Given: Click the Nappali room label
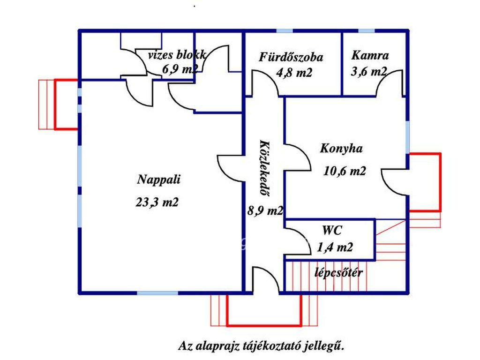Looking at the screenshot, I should tap(159, 179).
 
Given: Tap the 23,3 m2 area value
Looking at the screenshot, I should tap(157, 202).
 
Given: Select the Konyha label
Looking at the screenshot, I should tap(341, 149).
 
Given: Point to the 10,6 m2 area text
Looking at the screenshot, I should tap(345, 171).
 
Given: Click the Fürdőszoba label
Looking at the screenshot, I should tap(291, 57).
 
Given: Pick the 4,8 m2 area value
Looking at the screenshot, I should tap(294, 73).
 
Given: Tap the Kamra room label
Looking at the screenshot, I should tap(370, 55).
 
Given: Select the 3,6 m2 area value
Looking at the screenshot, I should tap(369, 72).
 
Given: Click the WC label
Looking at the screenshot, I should tap(332, 230).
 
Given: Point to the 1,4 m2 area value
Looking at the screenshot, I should tap(335, 247).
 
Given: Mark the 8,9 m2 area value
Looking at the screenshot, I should tap(265, 210).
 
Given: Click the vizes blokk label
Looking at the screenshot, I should tap(177, 55).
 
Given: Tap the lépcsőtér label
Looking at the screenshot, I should tap(338, 273).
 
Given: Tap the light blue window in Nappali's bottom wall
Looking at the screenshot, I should tap(157, 293).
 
